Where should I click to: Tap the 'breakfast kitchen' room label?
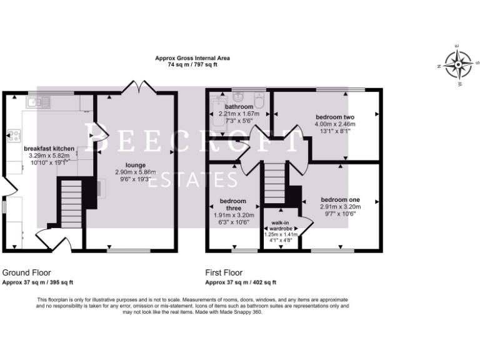coord(49,148)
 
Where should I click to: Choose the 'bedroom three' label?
coord(230,205)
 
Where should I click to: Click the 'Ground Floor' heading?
coord(27,272)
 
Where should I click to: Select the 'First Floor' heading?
coord(224,272)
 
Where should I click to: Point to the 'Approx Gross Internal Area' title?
coord(187,58)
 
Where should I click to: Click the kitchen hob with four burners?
coord(13,136)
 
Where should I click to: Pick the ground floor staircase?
coord(71,203)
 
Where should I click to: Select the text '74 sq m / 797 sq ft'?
coord(187,64)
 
